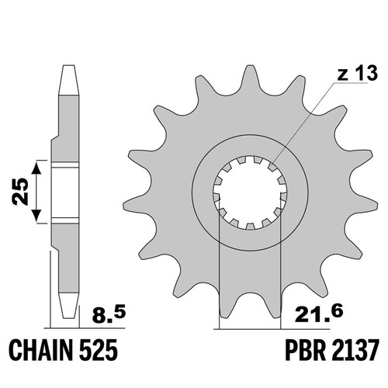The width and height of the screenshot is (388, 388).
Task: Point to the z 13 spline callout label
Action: coord(357,73)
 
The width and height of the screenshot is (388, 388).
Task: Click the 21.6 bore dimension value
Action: coord(319,314)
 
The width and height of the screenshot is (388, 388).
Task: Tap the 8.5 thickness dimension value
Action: coord(109,314)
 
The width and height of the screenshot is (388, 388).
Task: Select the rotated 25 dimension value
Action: coord(20,192)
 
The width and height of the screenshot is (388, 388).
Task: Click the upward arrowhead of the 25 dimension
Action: coord(37,168)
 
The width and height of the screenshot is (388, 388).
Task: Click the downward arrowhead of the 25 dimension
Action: coord(37,216)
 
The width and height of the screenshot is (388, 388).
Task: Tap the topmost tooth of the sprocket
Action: coord(249,78)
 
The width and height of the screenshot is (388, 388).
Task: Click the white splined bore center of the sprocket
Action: coord(250,192)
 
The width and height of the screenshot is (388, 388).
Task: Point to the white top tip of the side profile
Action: coord(68,80)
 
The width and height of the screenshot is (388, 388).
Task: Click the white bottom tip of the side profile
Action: coord(68,306)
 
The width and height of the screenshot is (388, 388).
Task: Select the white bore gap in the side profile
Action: coord(65,192)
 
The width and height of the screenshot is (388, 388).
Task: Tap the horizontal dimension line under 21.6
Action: coord(272,329)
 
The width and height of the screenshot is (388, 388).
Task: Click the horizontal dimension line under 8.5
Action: coord(85,328)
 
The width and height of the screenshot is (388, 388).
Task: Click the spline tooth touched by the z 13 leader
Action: coord(272,166)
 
